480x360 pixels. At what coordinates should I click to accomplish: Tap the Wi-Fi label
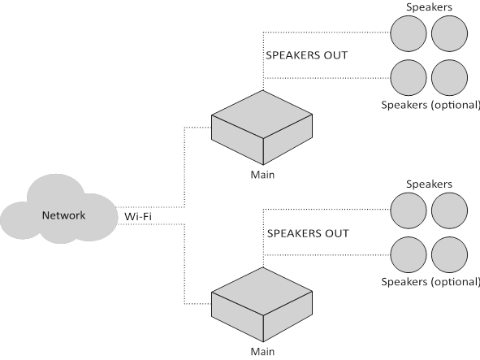pos(138,217)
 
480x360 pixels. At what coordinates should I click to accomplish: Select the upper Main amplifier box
pos(262,128)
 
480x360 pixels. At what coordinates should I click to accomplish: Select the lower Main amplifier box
pos(262,305)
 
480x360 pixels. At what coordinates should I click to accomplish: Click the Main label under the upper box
pos(262,175)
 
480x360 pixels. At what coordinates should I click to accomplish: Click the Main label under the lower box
pos(262,351)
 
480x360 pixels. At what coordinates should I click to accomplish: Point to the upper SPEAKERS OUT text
pos(307,55)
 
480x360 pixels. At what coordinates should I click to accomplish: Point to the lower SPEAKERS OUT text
pos(308,233)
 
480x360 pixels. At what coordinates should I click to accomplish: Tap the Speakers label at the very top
pos(429,7)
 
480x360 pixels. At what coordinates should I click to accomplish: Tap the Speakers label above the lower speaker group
pos(429,184)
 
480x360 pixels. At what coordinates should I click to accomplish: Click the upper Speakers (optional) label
pos(430,105)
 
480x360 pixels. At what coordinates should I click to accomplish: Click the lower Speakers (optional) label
pos(430,282)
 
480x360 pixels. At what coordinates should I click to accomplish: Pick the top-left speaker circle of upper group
pos(409,33)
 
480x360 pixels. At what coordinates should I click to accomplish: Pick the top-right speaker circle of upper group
pos(449,33)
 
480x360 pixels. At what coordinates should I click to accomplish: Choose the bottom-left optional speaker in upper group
pos(409,78)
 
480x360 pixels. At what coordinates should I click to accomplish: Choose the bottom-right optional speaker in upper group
pos(449,78)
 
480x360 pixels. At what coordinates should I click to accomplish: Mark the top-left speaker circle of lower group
pos(409,210)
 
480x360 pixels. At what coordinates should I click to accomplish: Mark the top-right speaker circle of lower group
pos(449,210)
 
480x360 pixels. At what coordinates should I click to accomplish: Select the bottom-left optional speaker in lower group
pos(409,254)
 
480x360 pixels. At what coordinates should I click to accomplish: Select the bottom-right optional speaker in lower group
pos(449,254)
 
